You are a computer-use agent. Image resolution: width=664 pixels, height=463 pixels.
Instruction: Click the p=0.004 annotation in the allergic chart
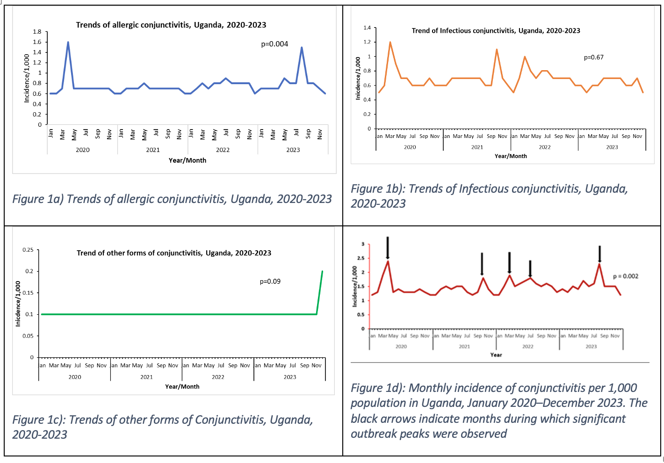274,44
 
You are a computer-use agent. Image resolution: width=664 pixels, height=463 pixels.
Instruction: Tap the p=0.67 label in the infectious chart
593,58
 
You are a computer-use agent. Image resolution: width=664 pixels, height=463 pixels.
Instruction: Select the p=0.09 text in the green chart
270,282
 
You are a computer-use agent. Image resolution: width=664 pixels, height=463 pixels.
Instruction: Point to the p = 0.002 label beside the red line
625,276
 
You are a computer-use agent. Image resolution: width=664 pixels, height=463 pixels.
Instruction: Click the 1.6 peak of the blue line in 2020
68,42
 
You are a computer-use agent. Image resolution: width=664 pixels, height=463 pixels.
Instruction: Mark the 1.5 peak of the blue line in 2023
302,47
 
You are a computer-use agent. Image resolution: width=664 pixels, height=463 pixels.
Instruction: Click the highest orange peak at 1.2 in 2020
390,42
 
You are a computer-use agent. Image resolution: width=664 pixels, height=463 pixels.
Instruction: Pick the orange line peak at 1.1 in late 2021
497,50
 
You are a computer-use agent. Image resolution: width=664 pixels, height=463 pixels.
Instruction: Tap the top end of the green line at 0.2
322,271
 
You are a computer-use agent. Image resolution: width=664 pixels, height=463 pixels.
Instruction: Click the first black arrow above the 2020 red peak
388,247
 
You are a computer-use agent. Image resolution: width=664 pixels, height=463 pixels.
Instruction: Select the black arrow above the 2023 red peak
599,253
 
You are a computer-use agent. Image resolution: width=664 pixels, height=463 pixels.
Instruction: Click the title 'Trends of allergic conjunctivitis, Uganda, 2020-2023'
171,25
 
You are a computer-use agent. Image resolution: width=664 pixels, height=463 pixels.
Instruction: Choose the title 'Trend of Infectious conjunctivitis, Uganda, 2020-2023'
496,31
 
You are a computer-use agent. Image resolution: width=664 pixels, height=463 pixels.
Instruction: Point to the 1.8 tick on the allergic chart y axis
37,32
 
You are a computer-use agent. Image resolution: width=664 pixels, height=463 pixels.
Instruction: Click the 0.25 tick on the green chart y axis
28,250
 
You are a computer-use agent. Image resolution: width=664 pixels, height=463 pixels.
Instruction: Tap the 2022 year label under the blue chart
223,150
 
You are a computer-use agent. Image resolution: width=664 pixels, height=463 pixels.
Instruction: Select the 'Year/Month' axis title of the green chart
182,387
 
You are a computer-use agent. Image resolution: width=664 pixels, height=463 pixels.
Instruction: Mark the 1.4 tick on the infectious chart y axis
367,28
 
